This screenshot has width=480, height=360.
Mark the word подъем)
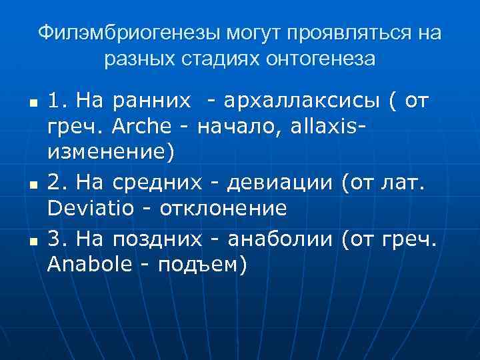(x=203, y=265)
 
